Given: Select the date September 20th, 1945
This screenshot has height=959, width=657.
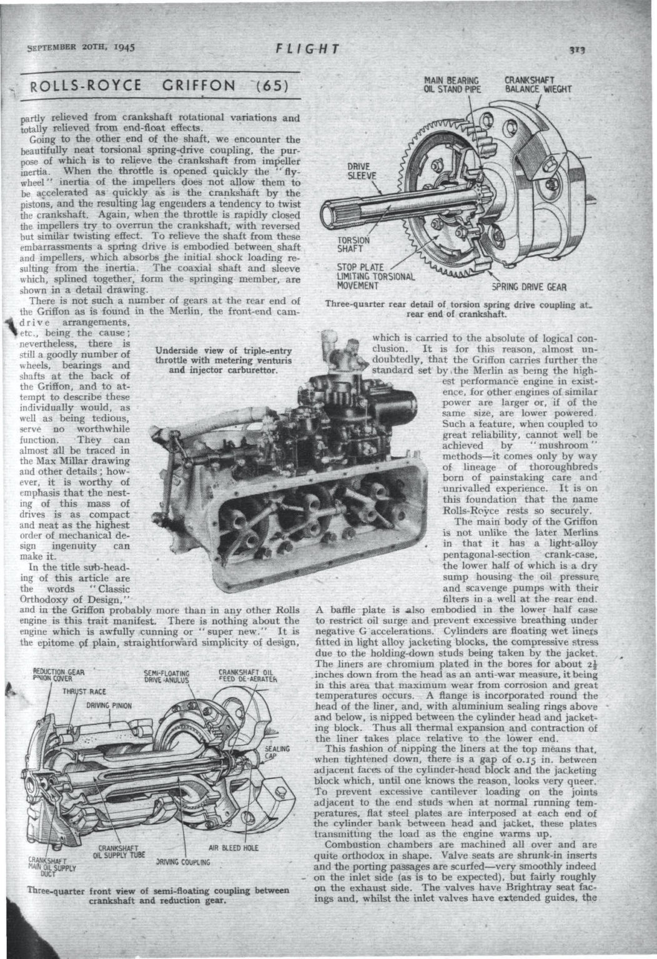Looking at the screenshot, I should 82,47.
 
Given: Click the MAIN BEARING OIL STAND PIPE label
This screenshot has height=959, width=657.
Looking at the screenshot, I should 451,84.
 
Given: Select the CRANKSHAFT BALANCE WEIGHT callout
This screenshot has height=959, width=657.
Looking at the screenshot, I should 538,84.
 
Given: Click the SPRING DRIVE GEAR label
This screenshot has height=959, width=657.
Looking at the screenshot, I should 529,288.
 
